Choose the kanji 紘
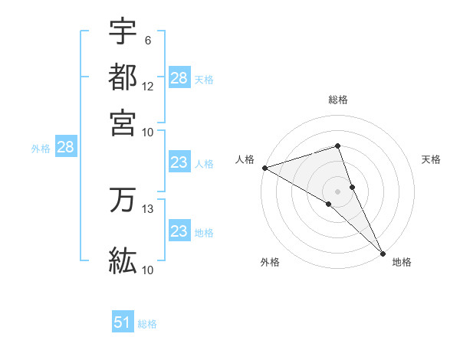(123, 260)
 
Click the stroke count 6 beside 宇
(147, 40)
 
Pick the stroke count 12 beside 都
(148, 86)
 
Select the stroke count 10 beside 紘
(148, 270)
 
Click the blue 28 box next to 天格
(179, 78)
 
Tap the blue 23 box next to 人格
(179, 163)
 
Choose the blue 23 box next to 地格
(179, 232)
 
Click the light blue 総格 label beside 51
(147, 324)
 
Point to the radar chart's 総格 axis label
(337, 100)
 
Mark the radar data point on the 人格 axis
(264, 168)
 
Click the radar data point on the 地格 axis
(383, 253)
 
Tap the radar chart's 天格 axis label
(431, 159)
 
